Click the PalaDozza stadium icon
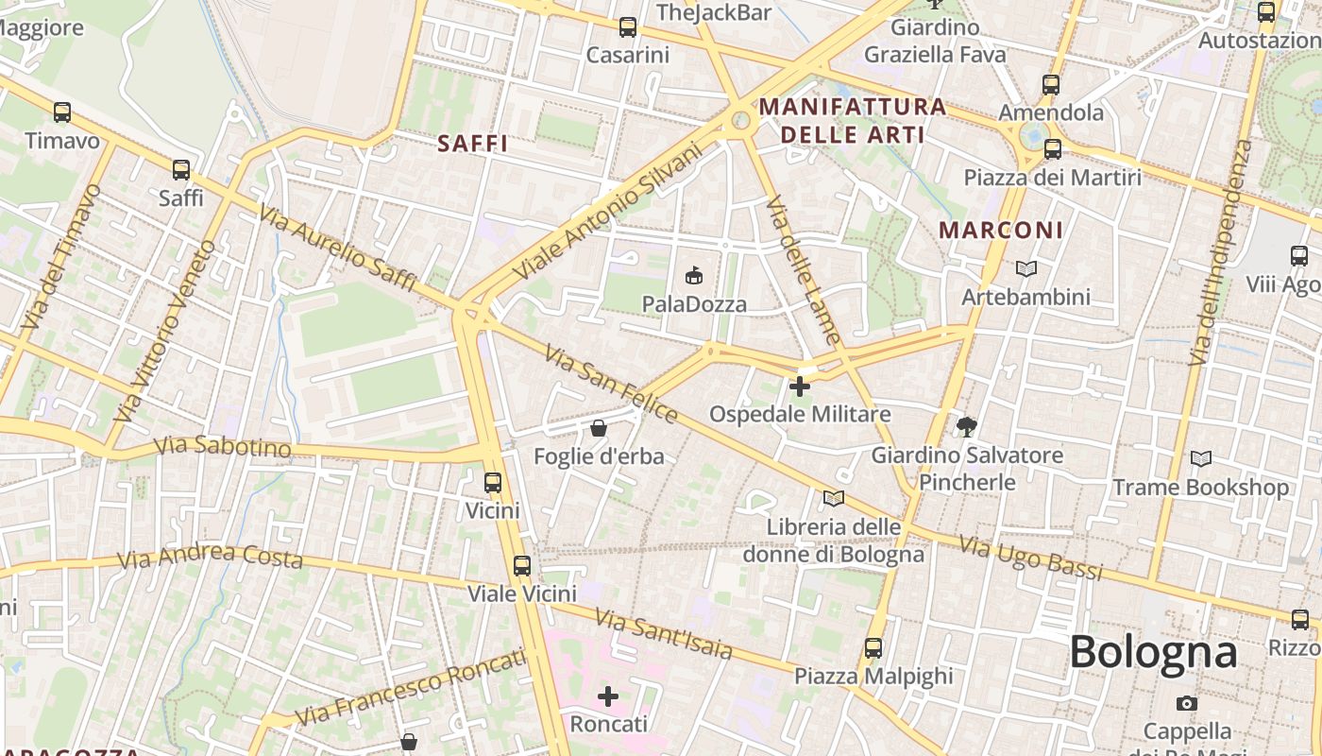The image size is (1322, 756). [694, 275]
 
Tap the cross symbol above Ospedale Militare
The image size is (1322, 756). [800, 386]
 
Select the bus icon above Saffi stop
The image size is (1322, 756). [180, 170]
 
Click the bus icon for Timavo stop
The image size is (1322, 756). [62, 112]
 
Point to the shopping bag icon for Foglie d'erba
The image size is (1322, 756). [598, 428]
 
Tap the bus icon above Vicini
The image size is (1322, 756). [493, 483]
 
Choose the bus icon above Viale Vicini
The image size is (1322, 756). [522, 566]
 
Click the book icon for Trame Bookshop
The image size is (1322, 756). [1201, 459]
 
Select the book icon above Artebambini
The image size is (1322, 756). [1025, 268]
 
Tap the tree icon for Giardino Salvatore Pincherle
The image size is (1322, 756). [966, 427]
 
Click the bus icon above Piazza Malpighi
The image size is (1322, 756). [873, 648]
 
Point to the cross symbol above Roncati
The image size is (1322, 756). [608, 696]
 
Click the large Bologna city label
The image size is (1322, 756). [1153, 652]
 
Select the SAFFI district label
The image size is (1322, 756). [473, 145]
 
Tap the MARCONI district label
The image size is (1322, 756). [1001, 231]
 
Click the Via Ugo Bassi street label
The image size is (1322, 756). [1031, 558]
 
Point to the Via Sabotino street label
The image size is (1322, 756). [223, 446]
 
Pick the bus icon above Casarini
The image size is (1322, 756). [628, 27]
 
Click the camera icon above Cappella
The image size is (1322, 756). [1187, 703]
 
